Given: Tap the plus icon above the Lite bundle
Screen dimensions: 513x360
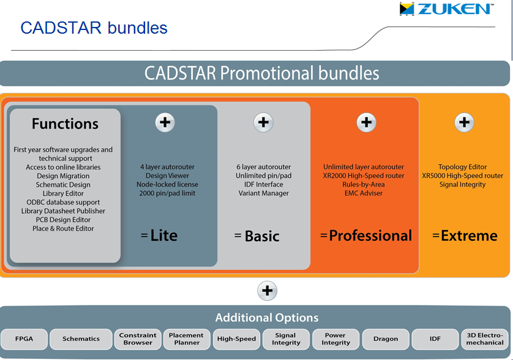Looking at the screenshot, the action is click(165, 122).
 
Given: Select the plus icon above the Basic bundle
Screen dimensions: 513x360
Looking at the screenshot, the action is click(263, 122).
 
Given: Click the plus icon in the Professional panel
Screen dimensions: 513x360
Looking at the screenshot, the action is click(367, 122).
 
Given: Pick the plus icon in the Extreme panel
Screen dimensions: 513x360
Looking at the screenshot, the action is click(464, 122).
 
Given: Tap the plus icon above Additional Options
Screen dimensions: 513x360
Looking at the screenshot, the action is click(268, 291).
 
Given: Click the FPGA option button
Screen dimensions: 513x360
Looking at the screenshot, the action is click(24, 339).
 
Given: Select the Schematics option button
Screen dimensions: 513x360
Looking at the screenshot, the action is click(81, 339).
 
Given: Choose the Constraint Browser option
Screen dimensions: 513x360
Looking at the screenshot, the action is click(138, 339).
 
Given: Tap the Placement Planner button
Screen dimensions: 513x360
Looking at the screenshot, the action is click(187, 339).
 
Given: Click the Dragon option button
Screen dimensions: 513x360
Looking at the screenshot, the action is click(386, 339).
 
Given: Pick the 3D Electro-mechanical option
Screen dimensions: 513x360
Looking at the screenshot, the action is click(485, 339).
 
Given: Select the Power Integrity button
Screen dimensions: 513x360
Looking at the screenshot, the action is click(335, 339).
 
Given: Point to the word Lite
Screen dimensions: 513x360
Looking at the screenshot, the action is click(164, 236).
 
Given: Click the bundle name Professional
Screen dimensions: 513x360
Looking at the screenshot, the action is click(370, 236).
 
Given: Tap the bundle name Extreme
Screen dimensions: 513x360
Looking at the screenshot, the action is click(469, 236).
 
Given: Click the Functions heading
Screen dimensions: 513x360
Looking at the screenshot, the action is click(65, 124).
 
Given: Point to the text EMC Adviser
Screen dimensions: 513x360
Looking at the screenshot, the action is click(364, 193).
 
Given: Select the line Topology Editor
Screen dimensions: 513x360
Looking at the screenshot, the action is click(463, 167).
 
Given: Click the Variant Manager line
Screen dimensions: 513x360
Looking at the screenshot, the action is click(264, 193).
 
